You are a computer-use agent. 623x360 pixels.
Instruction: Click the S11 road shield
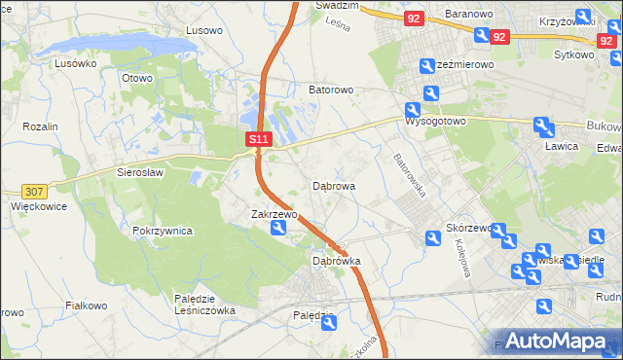(258, 140)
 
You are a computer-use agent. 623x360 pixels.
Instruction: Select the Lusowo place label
(204, 30)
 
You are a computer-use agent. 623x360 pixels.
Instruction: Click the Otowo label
(137, 78)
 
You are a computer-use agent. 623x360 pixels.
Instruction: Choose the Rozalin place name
(41, 127)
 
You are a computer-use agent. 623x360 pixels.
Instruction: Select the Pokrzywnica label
(163, 232)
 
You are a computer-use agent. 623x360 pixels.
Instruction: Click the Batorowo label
(331, 90)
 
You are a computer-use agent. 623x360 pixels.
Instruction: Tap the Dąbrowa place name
(334, 185)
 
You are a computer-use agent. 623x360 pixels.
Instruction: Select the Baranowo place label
(471, 15)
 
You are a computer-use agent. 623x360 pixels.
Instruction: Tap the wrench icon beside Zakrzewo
(278, 229)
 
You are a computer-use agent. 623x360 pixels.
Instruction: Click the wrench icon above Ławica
(543, 126)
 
